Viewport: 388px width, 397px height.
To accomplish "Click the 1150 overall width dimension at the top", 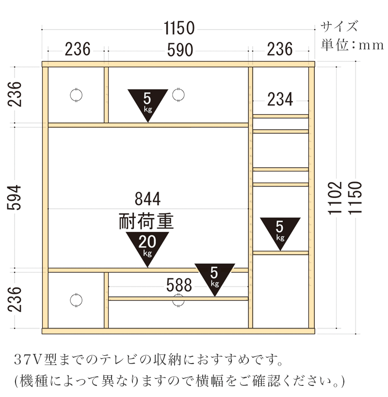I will click(x=179, y=29).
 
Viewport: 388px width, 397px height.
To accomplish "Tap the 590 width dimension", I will click(x=179, y=49).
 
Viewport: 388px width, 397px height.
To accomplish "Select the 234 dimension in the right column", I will click(x=280, y=100).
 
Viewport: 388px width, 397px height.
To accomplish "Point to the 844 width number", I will click(x=147, y=199).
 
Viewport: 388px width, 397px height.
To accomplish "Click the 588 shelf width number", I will click(x=179, y=285).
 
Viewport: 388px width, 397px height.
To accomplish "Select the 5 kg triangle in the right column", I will click(x=280, y=231).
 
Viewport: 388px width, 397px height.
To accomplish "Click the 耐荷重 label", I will click(x=146, y=221).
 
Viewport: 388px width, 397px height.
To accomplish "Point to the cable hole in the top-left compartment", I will click(x=76, y=95).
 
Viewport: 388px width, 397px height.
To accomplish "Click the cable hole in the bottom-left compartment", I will click(x=76, y=300).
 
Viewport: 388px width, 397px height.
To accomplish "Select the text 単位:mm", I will click(x=352, y=45).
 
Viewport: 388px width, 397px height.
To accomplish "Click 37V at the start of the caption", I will click(x=29, y=360).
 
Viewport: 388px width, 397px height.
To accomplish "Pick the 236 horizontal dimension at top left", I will click(x=78, y=49).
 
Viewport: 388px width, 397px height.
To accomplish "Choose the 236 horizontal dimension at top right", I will click(x=280, y=49).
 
